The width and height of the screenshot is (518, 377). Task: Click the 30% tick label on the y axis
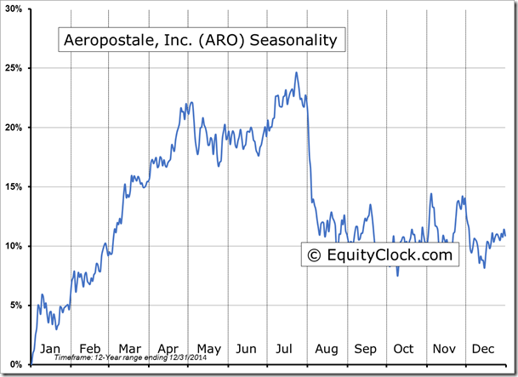13,9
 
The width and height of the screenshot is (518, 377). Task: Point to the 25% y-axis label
13,68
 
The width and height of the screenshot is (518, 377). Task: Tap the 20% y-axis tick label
13,128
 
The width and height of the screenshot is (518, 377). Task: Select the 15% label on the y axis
13,186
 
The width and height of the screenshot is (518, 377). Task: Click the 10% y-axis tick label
13,246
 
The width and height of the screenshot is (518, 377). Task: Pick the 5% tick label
15,305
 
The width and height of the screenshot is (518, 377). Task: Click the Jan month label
51,349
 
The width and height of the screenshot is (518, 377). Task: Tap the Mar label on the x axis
129,349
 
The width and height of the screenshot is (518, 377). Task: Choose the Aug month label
326,349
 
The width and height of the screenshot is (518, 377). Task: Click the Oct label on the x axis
403,349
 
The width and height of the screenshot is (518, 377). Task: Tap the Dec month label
482,349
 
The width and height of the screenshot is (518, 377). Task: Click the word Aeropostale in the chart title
102,40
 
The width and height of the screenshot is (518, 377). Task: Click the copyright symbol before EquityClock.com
314,254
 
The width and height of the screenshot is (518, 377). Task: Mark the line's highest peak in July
296,73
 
